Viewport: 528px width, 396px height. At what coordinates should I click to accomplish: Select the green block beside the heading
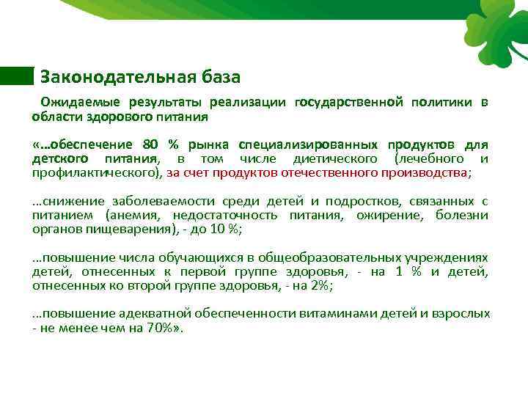(17, 76)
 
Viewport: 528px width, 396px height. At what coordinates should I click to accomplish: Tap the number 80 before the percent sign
(150, 144)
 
